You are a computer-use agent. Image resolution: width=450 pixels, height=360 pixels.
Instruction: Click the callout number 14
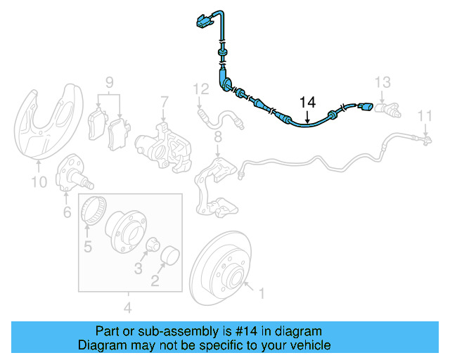[307, 102]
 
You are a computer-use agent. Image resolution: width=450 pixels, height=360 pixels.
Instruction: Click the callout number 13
[382, 82]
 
